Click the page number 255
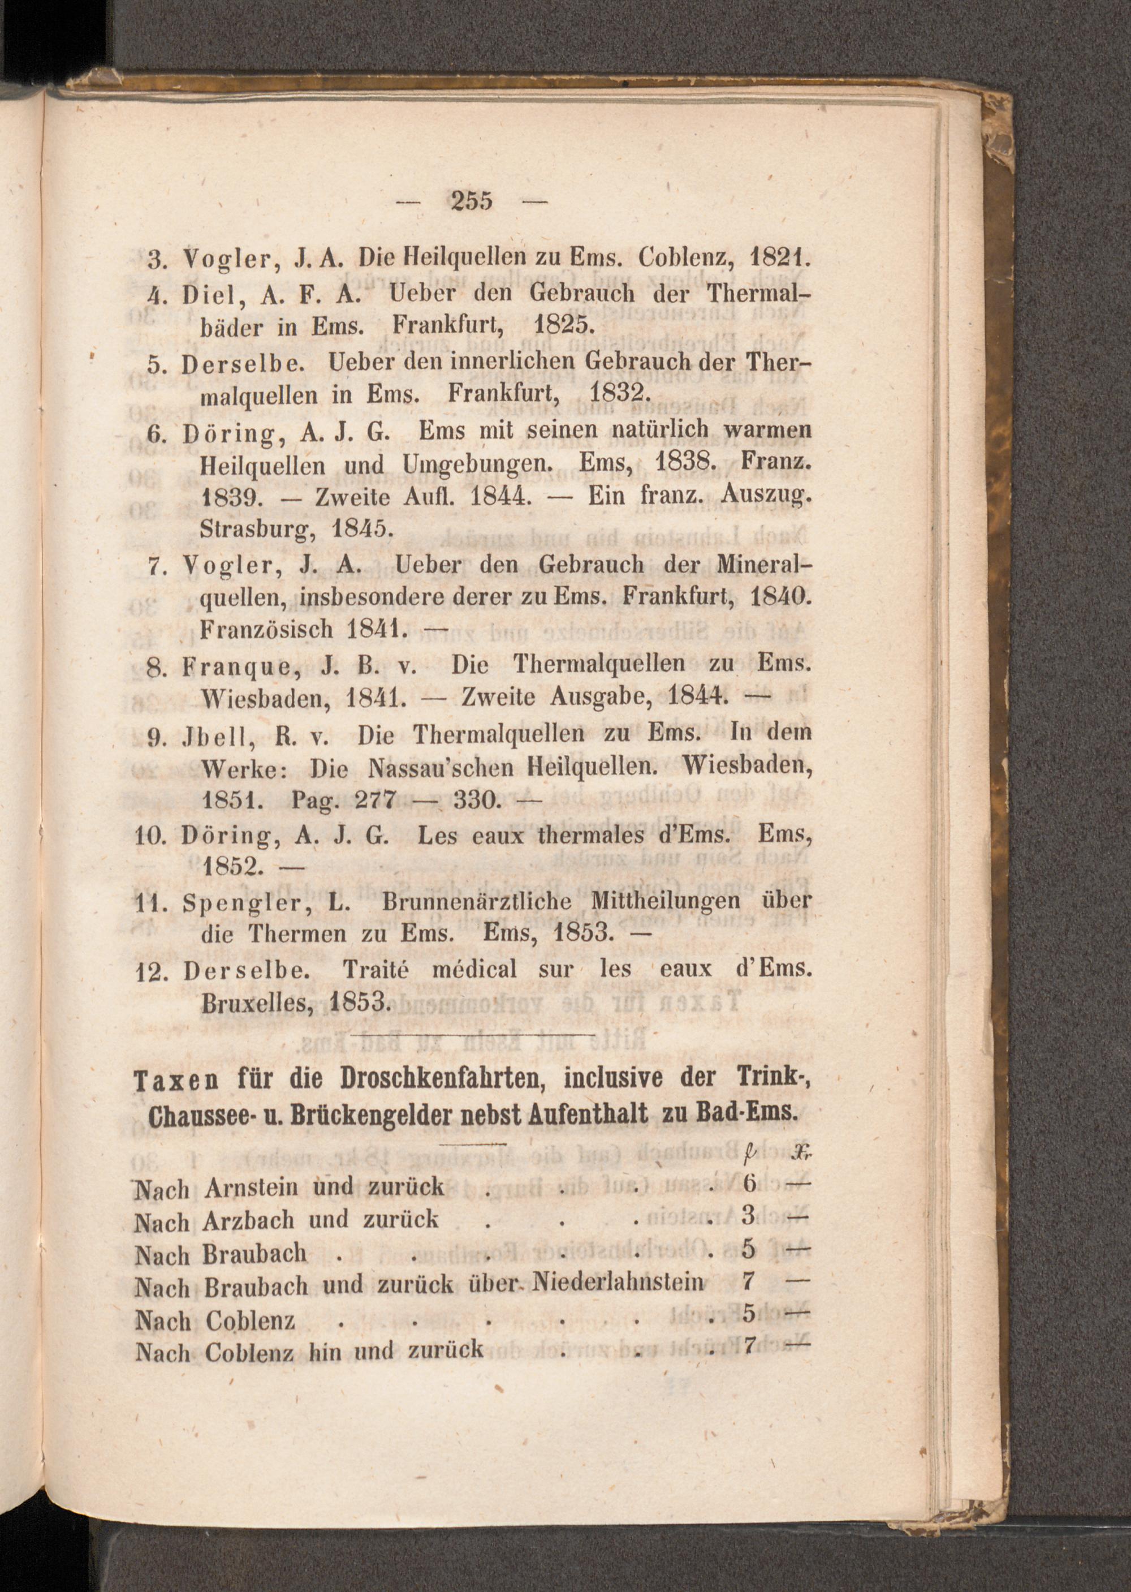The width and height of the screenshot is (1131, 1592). (472, 201)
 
